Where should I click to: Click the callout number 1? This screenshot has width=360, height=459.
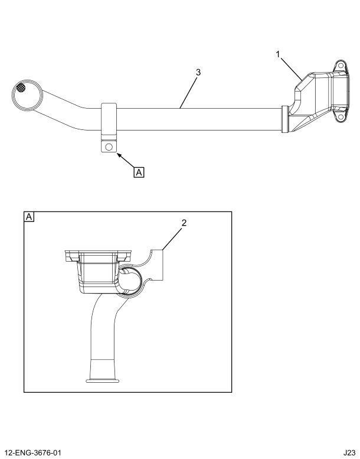pos(277,55)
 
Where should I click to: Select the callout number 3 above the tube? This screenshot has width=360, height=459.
pos(198,72)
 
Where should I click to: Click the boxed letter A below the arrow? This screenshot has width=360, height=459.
pos(139,172)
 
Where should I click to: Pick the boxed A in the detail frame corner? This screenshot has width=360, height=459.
pos(28,217)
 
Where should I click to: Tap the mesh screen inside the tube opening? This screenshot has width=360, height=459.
pos(22,88)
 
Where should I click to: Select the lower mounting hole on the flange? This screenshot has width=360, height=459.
pos(340,118)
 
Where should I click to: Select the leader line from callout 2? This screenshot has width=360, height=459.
pos(173,239)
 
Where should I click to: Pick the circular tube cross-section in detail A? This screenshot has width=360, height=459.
pos(131,279)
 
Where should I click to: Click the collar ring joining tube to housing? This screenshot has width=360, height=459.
pos(285,118)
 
